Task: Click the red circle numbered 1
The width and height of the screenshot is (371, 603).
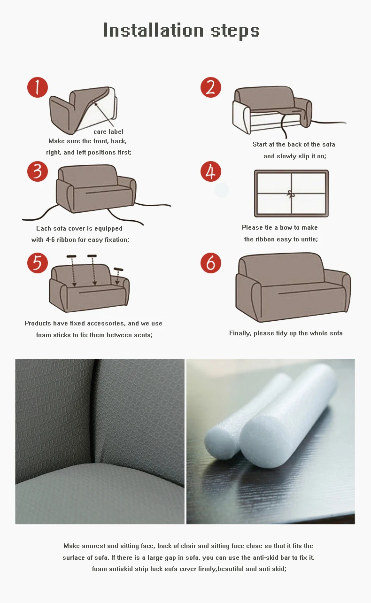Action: pyautogui.click(x=38, y=87)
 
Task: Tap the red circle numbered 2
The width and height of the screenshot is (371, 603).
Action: pyautogui.click(x=211, y=87)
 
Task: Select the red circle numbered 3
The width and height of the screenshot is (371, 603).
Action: pyautogui.click(x=38, y=171)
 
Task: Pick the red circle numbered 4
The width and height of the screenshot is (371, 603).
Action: pyautogui.click(x=211, y=171)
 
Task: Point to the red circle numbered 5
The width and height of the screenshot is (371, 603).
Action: pyautogui.click(x=38, y=263)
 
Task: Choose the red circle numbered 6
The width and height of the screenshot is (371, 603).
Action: pyautogui.click(x=211, y=263)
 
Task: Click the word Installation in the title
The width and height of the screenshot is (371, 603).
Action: pyautogui.click(x=154, y=30)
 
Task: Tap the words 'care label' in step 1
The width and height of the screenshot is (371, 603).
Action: pyautogui.click(x=108, y=131)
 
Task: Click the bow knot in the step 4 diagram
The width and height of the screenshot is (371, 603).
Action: pyautogui.click(x=291, y=194)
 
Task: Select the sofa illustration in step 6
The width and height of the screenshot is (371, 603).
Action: pyautogui.click(x=293, y=287)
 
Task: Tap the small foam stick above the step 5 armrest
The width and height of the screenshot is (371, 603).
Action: pyautogui.click(x=118, y=269)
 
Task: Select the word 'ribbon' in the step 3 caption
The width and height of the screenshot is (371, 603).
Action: pyautogui.click(x=66, y=240)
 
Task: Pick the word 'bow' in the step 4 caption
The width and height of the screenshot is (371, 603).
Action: pyautogui.click(x=286, y=227)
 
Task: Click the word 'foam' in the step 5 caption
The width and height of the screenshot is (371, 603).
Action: pyautogui.click(x=43, y=335)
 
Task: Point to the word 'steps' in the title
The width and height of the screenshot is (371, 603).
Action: pyautogui.click(x=235, y=31)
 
